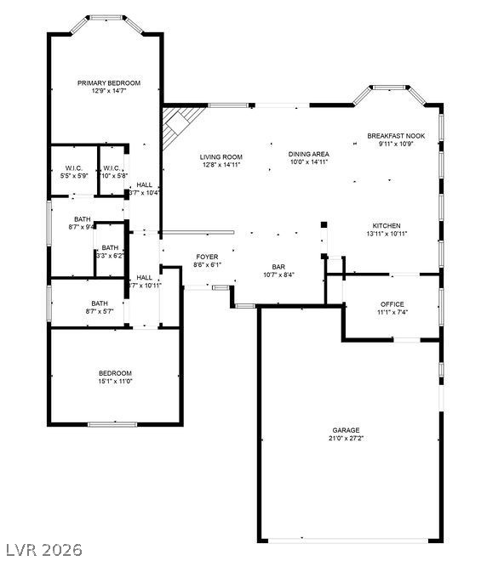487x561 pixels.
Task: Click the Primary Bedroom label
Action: (109, 82)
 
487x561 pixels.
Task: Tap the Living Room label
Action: (221, 156)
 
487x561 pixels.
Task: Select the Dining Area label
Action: (308, 154)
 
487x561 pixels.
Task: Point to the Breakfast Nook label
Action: (396, 136)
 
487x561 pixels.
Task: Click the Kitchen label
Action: (386, 225)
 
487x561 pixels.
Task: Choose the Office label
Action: (392, 303)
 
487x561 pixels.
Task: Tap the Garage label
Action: (346, 430)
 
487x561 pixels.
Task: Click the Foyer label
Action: (207, 256)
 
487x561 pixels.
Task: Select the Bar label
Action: (278, 266)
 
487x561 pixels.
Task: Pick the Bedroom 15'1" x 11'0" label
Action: (115, 373)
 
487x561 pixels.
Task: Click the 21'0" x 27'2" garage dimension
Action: (346, 439)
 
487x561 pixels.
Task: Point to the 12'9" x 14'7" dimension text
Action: (109, 91)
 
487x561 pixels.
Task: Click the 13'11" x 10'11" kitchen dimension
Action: (386, 234)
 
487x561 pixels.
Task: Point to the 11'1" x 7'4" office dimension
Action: (392, 312)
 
